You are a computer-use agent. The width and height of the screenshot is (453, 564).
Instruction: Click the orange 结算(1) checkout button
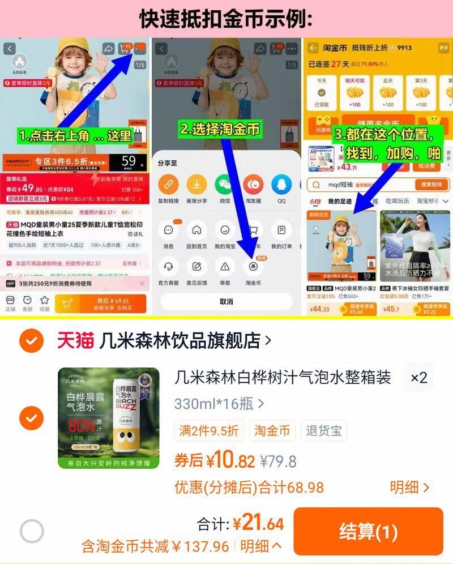pyautogui.click(x=368, y=531)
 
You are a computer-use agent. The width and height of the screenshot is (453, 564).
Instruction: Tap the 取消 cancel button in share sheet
pyautogui.click(x=226, y=301)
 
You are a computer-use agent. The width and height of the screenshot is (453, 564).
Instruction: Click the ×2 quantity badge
pyautogui.click(x=418, y=378)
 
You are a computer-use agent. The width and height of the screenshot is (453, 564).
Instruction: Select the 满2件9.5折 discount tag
pyautogui.click(x=209, y=430)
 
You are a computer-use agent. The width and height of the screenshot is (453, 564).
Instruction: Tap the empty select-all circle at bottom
pyautogui.click(x=32, y=531)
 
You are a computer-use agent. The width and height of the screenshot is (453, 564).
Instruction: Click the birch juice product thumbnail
pyautogui.click(x=109, y=418)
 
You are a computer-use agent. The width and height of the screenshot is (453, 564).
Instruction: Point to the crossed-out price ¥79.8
pyautogui.click(x=278, y=462)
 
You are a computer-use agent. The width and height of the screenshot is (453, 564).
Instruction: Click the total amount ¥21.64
pyautogui.click(x=258, y=524)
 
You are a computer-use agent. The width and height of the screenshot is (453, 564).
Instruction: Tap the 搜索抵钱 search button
pyautogui.click(x=431, y=185)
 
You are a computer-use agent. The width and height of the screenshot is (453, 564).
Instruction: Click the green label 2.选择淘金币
pyautogui.click(x=220, y=129)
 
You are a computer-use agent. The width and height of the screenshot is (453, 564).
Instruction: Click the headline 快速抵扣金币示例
pyautogui.click(x=226, y=19)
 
